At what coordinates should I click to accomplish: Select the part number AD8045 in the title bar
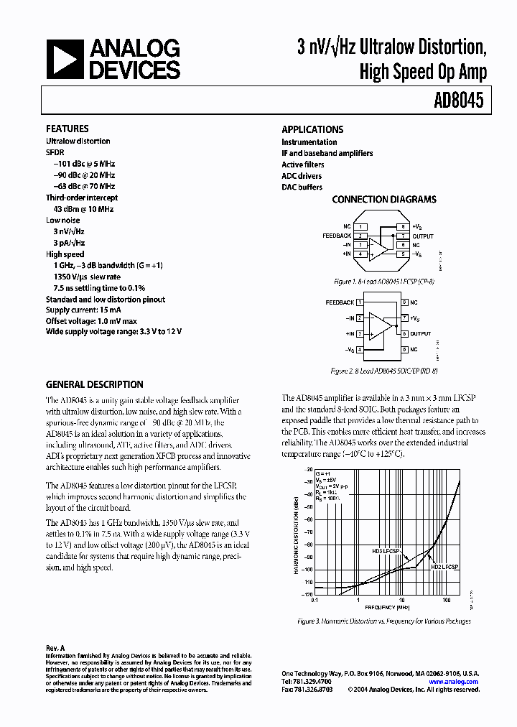(458, 102)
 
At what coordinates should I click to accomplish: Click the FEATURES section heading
(67, 129)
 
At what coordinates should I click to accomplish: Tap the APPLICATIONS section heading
(312, 130)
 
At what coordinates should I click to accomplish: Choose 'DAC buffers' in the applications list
(302, 187)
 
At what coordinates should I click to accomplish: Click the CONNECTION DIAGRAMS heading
(383, 200)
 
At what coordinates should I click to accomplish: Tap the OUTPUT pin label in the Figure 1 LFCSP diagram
(424, 236)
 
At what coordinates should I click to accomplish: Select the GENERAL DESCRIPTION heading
(94, 384)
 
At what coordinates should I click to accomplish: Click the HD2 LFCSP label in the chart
(444, 567)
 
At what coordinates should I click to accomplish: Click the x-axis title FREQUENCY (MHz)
(383, 607)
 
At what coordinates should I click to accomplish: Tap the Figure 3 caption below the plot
(383, 621)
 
